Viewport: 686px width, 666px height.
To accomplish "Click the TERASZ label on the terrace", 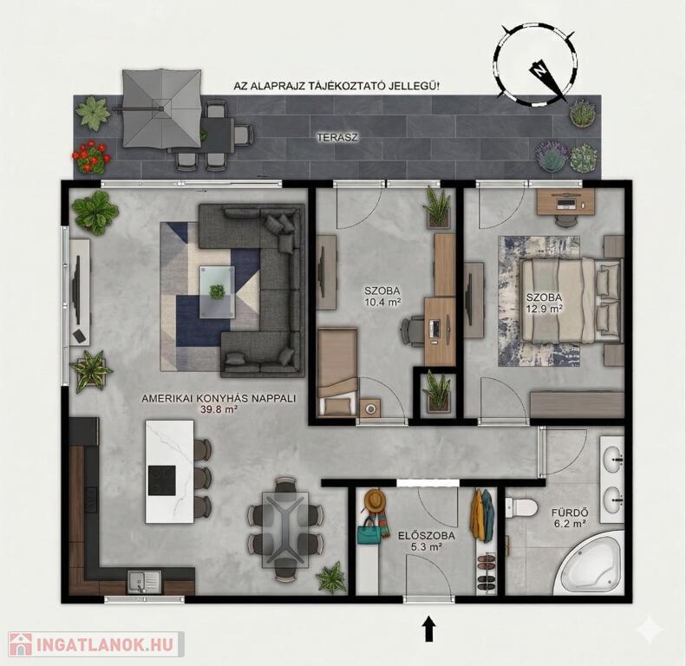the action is (x=337, y=137).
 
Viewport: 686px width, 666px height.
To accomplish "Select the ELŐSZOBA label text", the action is (x=427, y=536).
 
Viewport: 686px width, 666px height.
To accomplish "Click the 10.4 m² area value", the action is (x=382, y=301).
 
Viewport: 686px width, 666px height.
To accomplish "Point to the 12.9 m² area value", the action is (x=545, y=308).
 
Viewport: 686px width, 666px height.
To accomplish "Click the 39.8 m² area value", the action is (x=219, y=409).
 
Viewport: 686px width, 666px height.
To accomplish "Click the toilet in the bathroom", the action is (x=521, y=507).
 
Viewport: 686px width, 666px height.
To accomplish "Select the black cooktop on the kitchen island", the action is (x=162, y=480).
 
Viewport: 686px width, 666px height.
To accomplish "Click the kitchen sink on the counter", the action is (x=144, y=582).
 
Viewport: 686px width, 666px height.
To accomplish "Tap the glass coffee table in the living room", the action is (x=217, y=292).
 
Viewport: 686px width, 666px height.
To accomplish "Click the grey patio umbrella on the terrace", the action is (x=161, y=108).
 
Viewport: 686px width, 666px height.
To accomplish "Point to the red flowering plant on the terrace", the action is (x=91, y=157).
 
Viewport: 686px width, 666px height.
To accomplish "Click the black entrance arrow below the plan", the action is (x=429, y=629).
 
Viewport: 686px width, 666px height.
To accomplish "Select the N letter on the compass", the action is (x=541, y=70).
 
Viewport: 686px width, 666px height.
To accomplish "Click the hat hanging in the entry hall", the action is (x=375, y=500).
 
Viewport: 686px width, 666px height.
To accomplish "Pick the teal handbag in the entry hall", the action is (x=369, y=532).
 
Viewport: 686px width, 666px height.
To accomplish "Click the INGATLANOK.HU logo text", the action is (x=106, y=644).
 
